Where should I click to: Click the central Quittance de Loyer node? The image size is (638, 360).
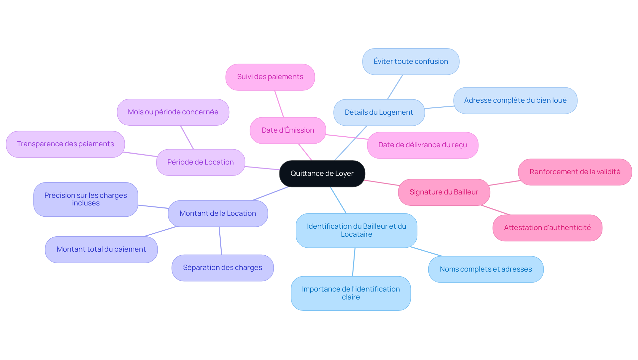322,174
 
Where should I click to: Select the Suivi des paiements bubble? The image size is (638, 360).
270,77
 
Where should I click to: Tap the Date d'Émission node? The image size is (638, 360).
288,130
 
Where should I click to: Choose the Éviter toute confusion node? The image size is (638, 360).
411,61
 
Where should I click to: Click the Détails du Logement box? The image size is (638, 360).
379,112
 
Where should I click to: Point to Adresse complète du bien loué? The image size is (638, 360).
515,100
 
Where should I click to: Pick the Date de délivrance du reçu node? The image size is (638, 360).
422,145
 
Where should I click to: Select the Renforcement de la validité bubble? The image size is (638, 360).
575,172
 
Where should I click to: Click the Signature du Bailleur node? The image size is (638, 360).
444,192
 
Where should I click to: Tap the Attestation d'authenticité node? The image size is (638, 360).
547,228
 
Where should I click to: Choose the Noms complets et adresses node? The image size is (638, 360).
486,269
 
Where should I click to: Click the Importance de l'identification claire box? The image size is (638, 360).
351,293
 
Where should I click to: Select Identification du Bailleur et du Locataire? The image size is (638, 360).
356,230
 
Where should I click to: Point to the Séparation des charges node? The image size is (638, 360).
222,268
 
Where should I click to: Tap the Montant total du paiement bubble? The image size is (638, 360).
101,249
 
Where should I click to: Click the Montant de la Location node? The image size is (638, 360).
218,213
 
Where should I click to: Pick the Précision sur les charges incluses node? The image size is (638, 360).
85,199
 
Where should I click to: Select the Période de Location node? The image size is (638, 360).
200,162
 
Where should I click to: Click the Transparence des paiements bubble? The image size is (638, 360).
65,144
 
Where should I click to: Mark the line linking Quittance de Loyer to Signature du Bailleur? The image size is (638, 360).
382,183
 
